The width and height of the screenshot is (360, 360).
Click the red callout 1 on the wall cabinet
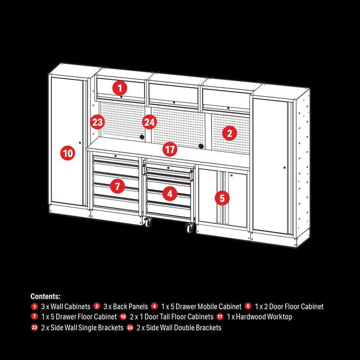coord(120,88)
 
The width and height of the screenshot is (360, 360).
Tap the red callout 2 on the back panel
coord(229,133)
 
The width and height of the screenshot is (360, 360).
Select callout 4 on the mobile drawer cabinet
coord(170,194)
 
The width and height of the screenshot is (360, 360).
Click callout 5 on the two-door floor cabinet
coord(222,197)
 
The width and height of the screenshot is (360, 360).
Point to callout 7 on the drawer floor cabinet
coord(117,186)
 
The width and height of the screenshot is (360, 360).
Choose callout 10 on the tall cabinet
coord(67,152)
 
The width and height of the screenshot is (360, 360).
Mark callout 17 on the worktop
coord(170,149)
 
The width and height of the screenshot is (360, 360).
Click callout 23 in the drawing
coord(98,121)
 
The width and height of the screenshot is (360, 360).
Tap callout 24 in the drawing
coord(149,121)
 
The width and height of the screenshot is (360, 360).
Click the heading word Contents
coord(46,296)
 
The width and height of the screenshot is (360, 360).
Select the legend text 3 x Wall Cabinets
coord(65,307)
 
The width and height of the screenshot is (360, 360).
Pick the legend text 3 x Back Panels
coord(123,307)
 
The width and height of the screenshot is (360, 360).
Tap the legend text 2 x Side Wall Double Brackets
coord(179,327)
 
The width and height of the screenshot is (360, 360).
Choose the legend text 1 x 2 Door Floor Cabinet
coord(289,307)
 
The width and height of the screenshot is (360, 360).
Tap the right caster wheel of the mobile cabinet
coord(189,227)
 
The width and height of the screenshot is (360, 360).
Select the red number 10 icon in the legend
coord(123,317)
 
